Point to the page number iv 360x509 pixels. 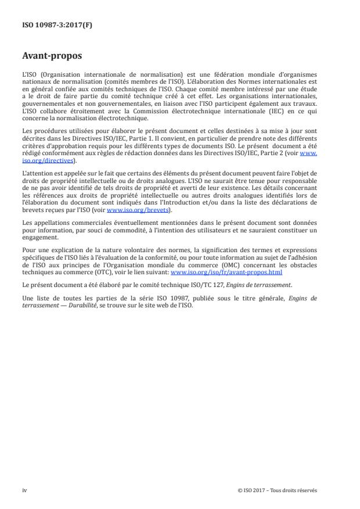(x=24, y=490)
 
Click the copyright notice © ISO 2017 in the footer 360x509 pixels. (x=278, y=490)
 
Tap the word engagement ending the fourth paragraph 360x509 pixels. (x=38, y=238)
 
